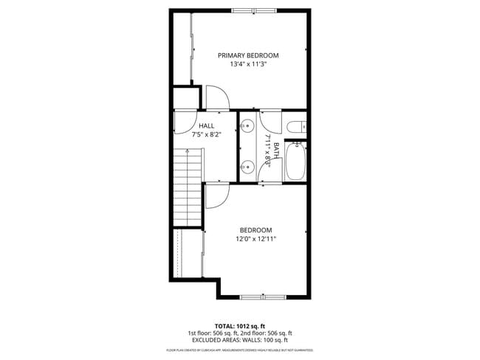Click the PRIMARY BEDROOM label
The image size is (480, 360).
pyautogui.click(x=247, y=55)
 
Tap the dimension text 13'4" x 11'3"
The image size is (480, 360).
pyautogui.click(x=247, y=64)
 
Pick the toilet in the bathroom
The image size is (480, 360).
pyautogui.click(x=296, y=126)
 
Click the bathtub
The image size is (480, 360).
pyautogui.click(x=295, y=162)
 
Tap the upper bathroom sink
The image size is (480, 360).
pyautogui.click(x=247, y=125)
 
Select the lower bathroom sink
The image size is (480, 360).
pyautogui.click(x=247, y=167)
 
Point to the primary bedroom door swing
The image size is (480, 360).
pyautogui.click(x=216, y=97)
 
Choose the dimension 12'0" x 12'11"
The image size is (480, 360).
pyautogui.click(x=256, y=239)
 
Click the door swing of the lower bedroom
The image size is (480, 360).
pyautogui.click(x=216, y=195)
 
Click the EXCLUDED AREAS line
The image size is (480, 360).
pyautogui.click(x=240, y=340)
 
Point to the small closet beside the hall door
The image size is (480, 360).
pyautogui.click(x=187, y=97)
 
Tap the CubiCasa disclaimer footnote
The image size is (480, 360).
pyautogui.click(x=240, y=350)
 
